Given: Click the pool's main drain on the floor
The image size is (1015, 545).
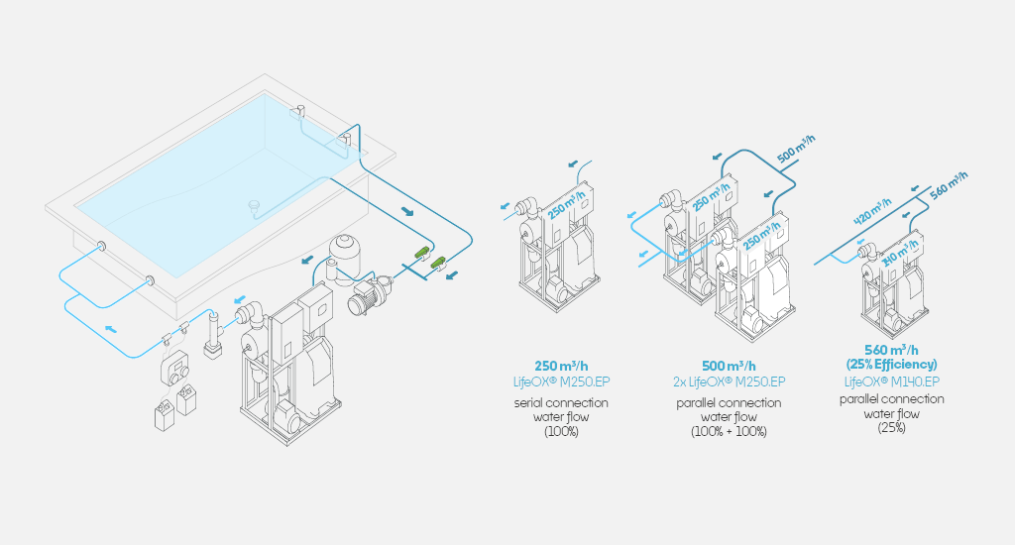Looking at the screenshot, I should [254, 206].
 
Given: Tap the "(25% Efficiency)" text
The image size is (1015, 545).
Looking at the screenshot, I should [891, 365].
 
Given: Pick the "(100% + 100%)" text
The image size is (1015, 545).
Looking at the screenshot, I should [728, 432].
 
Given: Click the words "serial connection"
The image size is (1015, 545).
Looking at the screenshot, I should [561, 403].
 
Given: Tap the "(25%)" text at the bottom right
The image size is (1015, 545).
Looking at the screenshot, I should [891, 428].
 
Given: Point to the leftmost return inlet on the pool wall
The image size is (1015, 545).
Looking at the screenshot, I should [102, 246].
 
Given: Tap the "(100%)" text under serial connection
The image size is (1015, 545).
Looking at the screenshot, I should [561, 432].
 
